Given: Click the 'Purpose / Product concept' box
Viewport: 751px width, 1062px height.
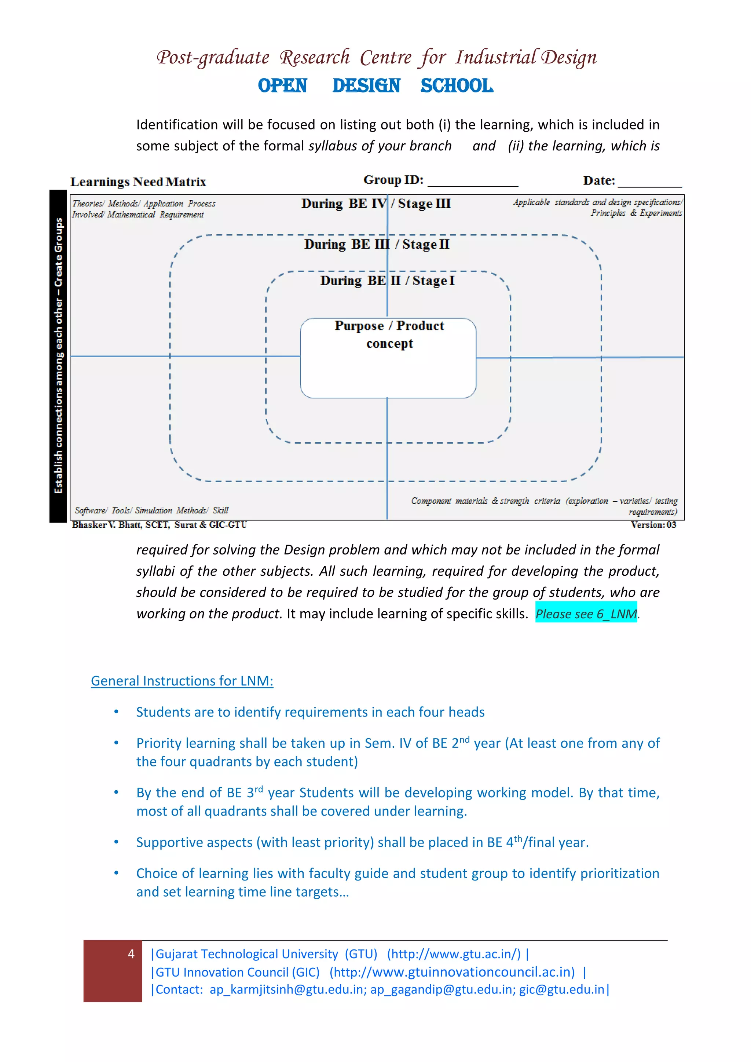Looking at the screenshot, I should pyautogui.click(x=388, y=357).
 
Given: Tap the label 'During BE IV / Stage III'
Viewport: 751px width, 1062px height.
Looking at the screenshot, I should pyautogui.click(x=375, y=204).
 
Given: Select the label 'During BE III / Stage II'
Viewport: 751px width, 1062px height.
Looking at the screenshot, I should pyautogui.click(x=377, y=244).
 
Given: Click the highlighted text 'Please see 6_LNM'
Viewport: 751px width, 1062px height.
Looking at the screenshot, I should pyautogui.click(x=586, y=614).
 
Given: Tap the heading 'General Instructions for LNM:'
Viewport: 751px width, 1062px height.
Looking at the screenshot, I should pyautogui.click(x=182, y=681).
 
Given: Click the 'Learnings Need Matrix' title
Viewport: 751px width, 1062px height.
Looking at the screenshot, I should pyautogui.click(x=138, y=182).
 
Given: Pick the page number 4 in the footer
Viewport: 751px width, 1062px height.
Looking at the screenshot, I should pyautogui.click(x=131, y=954).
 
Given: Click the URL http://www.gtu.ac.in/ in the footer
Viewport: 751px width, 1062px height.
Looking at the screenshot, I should pyautogui.click(x=454, y=954).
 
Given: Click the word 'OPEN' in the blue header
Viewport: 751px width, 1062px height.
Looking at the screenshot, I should pyautogui.click(x=283, y=86).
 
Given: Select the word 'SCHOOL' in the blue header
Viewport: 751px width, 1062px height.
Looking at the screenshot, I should pyautogui.click(x=457, y=86).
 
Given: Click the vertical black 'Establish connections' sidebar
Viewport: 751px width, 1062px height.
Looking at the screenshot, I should pyautogui.click(x=58, y=356).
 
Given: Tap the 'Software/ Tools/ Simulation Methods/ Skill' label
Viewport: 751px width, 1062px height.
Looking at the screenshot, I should pyautogui.click(x=152, y=510).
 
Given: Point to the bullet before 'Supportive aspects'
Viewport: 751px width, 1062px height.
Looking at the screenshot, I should pyautogui.click(x=117, y=842).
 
